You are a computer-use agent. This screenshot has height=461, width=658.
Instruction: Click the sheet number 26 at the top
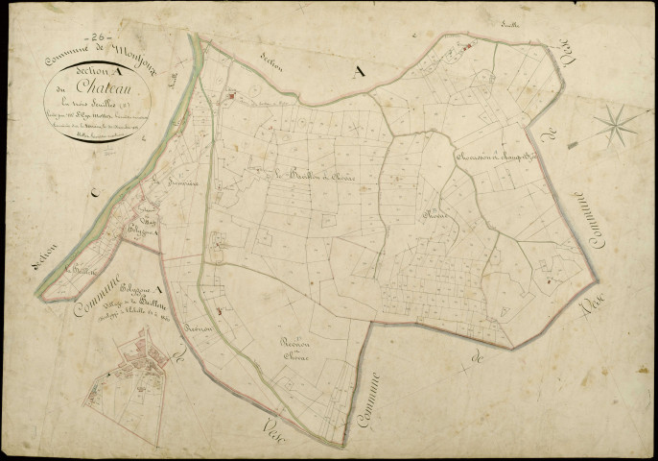[97, 37]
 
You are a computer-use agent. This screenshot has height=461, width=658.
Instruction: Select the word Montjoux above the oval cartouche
[142, 45]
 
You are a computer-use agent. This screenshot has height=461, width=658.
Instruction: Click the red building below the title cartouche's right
[230, 96]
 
